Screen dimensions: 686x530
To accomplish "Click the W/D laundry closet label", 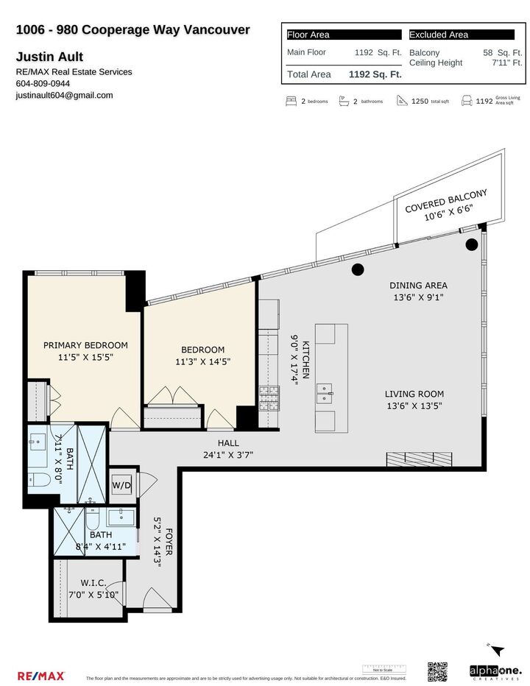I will click(121, 486).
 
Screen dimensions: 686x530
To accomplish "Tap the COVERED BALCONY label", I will click(446, 199).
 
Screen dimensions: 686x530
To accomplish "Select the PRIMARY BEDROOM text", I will click(85, 345).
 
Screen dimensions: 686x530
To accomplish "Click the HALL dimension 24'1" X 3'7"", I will click(236, 455).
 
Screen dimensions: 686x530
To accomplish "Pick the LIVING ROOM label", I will click(415, 394).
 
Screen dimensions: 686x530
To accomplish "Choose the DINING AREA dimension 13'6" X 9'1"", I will click(417, 297).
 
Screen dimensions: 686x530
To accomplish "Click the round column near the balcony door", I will click(472, 244).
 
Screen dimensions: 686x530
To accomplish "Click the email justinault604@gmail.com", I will click(64, 95).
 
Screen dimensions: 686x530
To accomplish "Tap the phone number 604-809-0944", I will click(42, 83).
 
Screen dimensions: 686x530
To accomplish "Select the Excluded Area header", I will click(439, 35).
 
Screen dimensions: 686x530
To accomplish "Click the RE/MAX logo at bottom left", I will click(40, 675).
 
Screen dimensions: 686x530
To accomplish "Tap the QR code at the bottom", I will click(437, 672).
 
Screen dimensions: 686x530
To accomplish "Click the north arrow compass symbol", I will click(498, 651).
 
